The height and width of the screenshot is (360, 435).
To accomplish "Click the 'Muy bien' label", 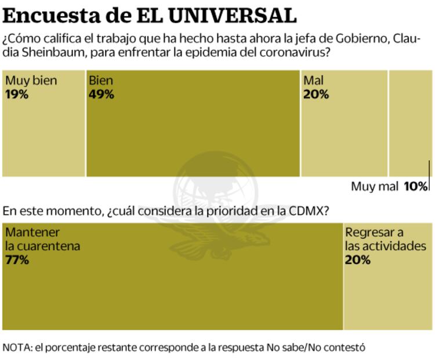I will point(31,81).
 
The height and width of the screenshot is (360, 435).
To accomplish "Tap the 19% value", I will point(17,94).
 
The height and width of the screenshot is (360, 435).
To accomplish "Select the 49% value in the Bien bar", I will point(101,95).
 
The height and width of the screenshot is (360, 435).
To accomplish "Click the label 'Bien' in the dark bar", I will point(101,81).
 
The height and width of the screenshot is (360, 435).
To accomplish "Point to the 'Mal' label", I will point(314,81).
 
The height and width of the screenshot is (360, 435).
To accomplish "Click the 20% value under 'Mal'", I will point(316,94).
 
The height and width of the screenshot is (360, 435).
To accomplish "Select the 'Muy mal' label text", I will point(374,186).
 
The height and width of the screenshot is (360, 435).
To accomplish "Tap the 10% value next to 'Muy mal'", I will point(415,186).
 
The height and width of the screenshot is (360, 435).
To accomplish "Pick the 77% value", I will point(17,260).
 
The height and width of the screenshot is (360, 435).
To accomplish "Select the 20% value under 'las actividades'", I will point(358,260).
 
